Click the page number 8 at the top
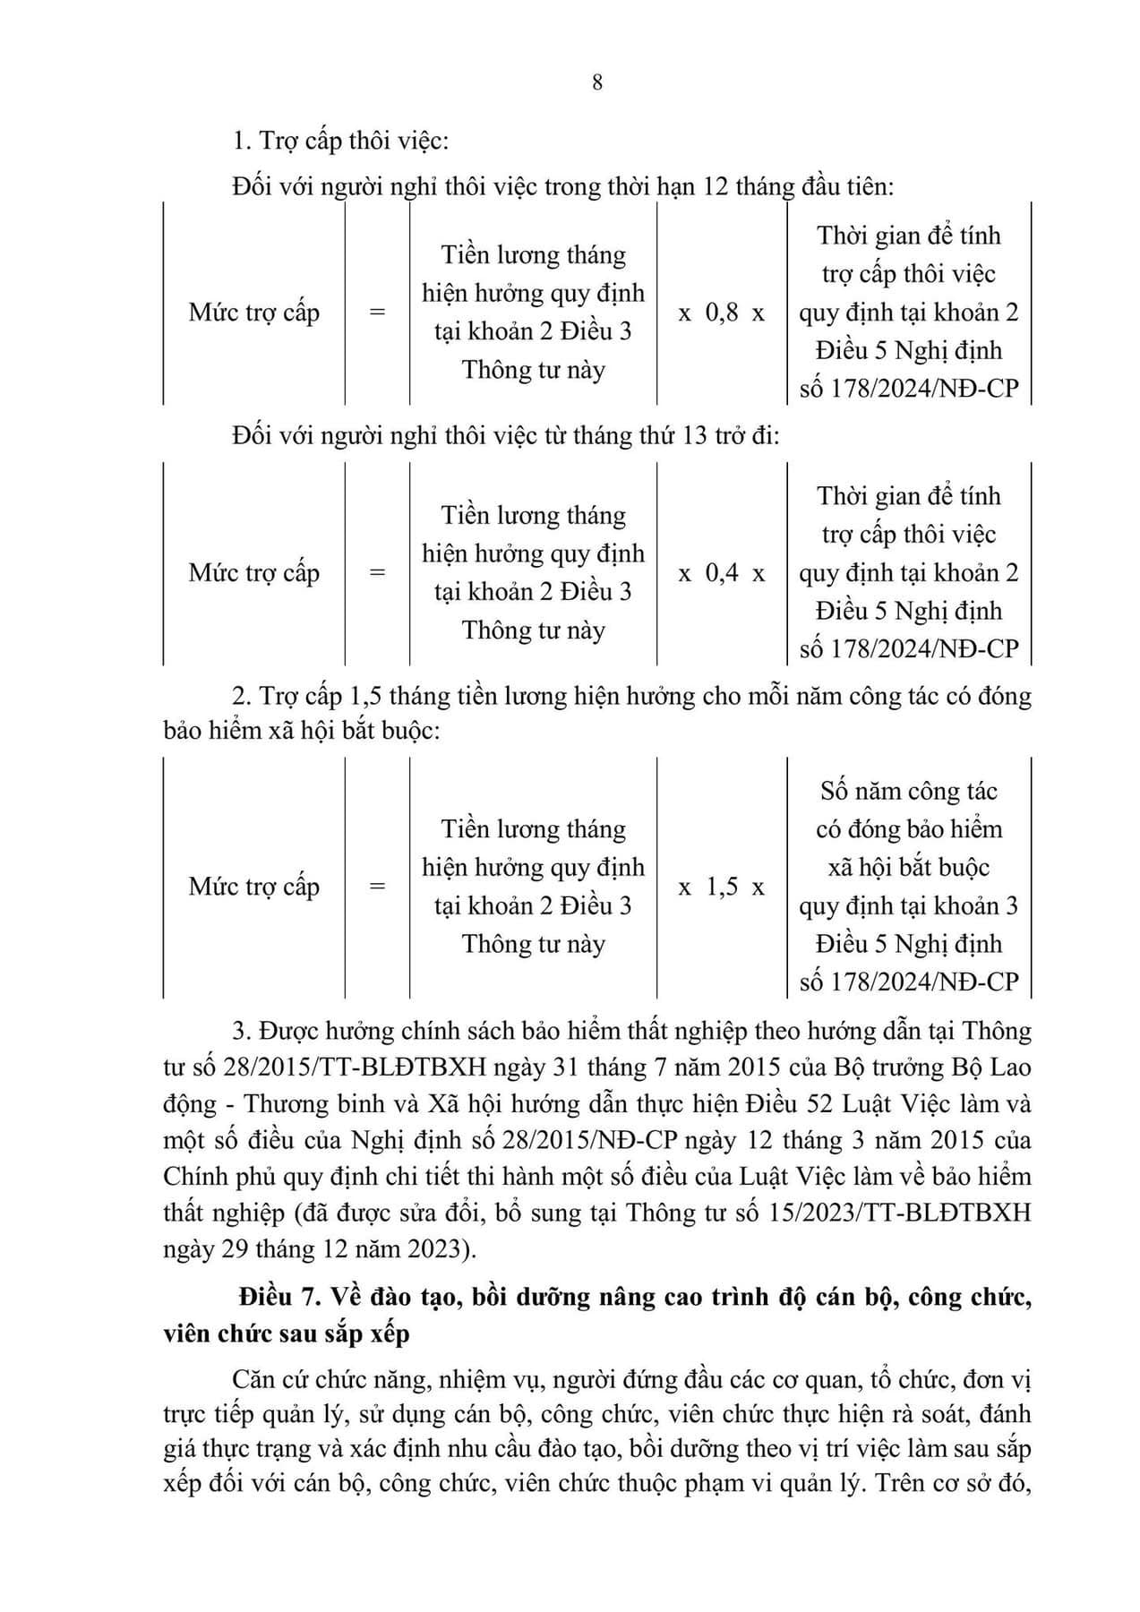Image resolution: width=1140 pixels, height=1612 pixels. (x=597, y=82)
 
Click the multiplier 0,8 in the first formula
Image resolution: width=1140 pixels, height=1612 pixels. (x=722, y=313)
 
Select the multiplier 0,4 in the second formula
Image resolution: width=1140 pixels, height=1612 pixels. (x=722, y=573)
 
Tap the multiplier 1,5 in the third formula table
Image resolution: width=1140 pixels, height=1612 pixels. (x=722, y=887)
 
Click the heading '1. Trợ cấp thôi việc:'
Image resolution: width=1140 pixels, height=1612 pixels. (x=340, y=141)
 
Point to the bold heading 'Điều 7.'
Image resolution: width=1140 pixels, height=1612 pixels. (x=280, y=1297)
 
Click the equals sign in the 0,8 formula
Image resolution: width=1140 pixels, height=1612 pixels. (x=377, y=313)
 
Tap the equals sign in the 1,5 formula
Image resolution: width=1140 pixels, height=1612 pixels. (x=377, y=887)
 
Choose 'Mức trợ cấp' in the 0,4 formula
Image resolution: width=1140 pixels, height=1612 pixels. (x=254, y=573)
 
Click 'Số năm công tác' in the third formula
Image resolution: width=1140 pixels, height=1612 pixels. (x=908, y=792)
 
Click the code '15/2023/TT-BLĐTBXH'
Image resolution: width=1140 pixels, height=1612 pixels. (x=913, y=1213)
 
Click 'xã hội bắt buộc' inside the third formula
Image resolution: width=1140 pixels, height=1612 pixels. (x=908, y=868)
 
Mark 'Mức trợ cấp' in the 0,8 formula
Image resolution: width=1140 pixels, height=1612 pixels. (x=254, y=313)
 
